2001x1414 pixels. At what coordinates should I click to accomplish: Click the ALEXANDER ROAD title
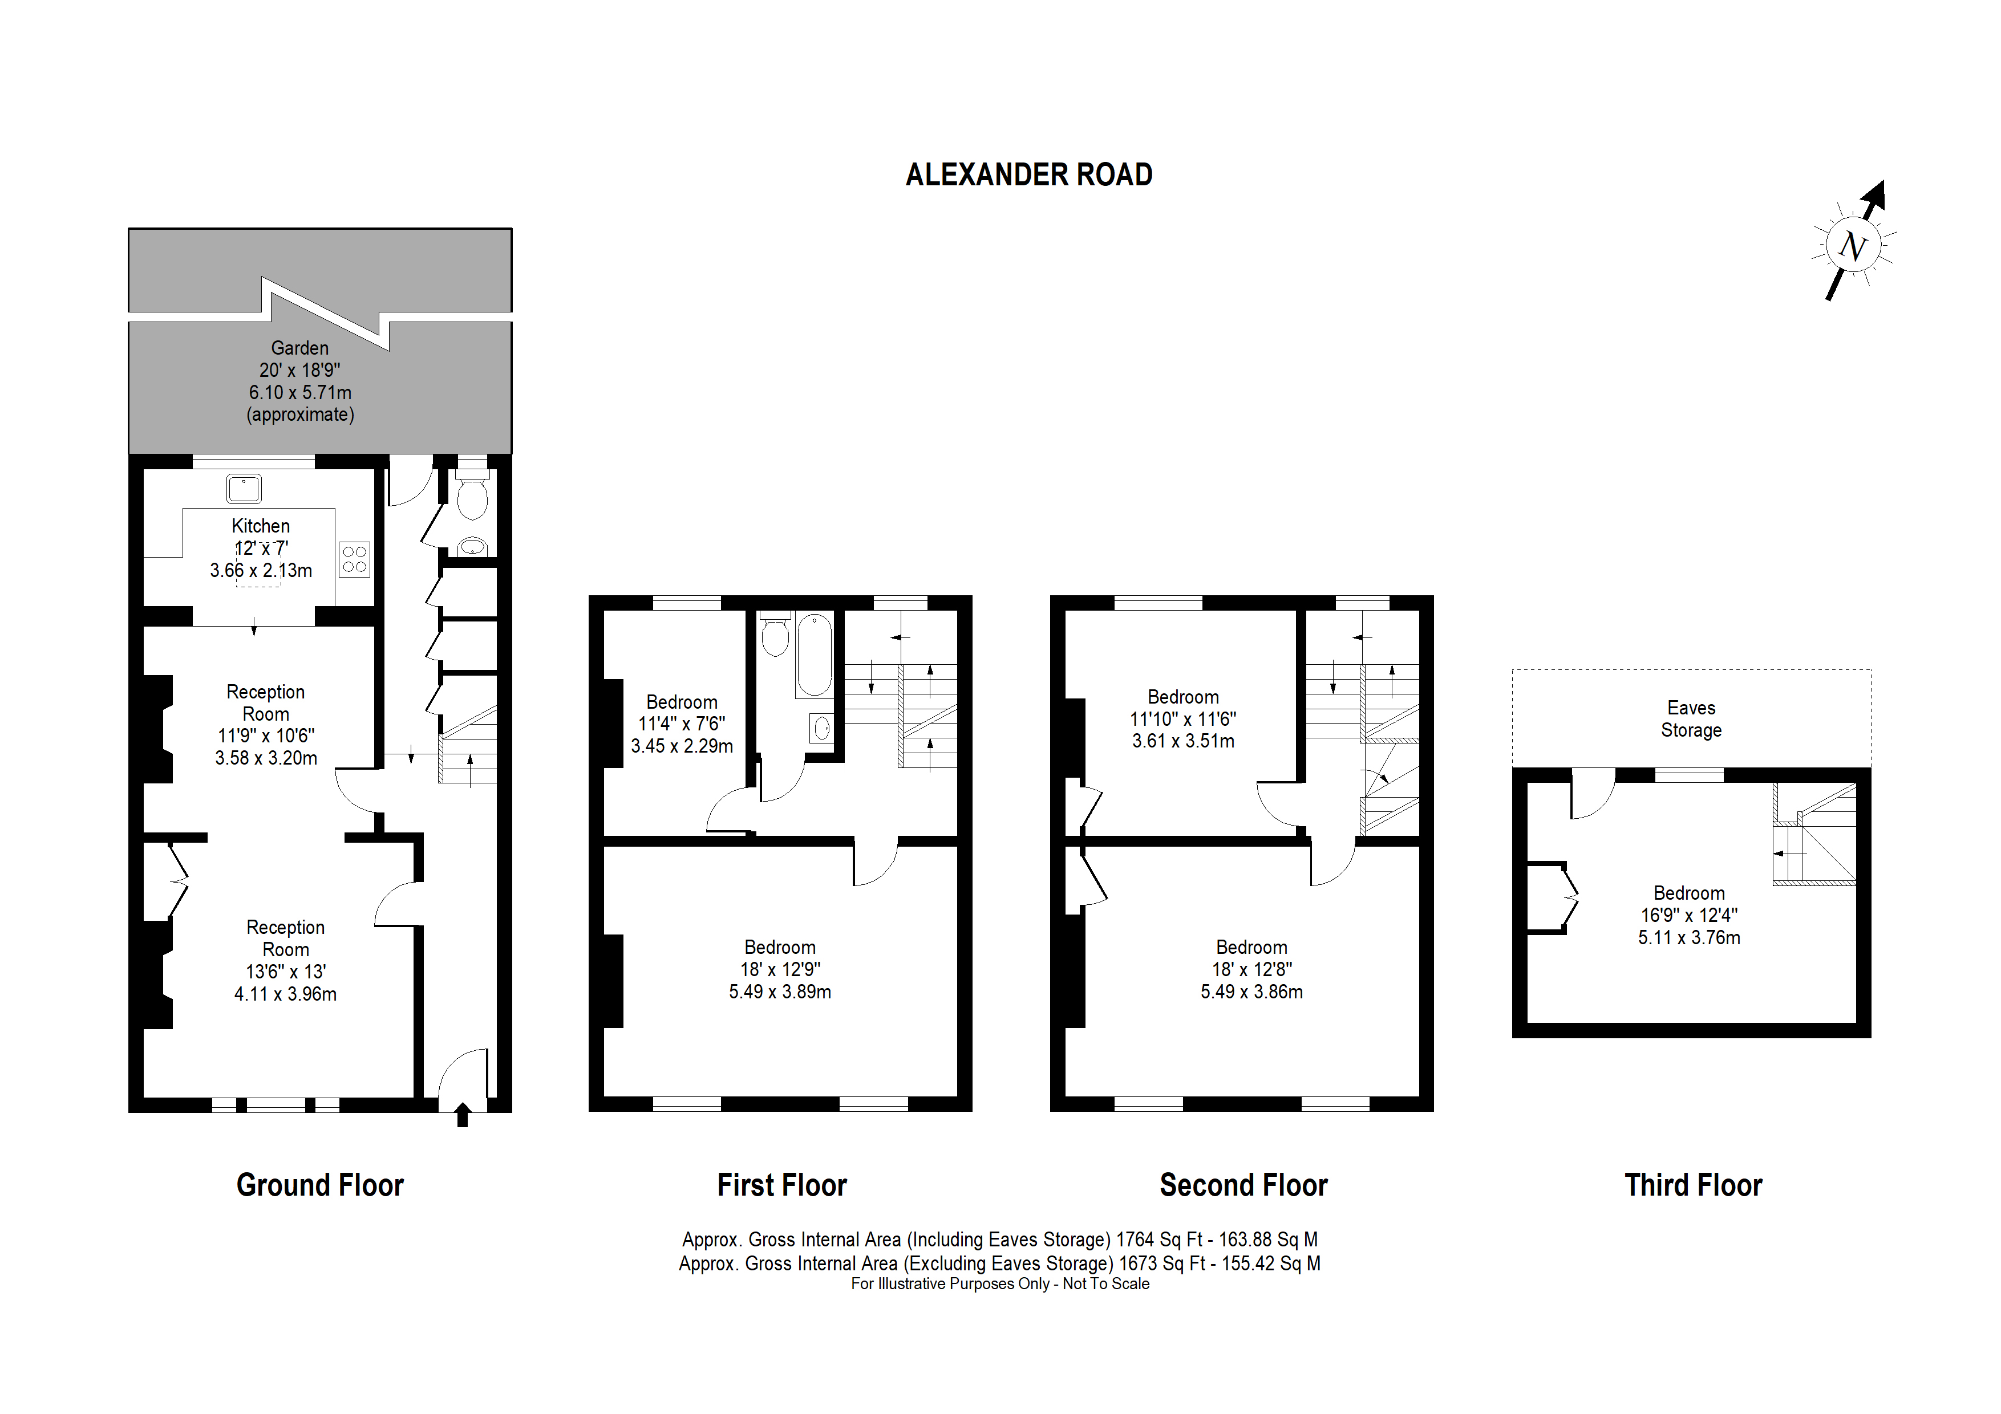pos(1028,175)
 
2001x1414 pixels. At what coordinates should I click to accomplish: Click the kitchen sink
pos(244,489)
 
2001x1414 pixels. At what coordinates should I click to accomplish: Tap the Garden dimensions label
pos(300,381)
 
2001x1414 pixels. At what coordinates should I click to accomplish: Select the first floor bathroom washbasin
pos(821,728)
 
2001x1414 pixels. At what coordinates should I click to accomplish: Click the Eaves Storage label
pos(1691,719)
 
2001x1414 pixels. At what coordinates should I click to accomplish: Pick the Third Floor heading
pos(1692,1186)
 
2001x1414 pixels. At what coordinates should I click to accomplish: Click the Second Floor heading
pos(1243,1186)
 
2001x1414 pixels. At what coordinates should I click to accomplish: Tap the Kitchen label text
pos(261,526)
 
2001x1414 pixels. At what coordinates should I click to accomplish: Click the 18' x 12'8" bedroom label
pos(1251,969)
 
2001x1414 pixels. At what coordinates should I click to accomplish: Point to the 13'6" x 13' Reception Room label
pos(285,960)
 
